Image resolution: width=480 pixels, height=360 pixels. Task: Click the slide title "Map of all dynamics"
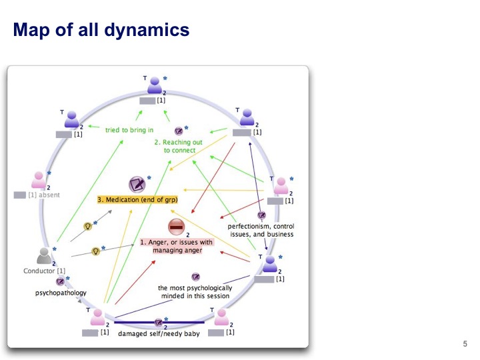pos(101,31)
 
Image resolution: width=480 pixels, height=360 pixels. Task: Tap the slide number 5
pos(465,344)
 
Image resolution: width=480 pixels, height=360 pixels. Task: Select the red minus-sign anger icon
pos(176,227)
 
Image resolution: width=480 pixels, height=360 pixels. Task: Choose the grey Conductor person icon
pos(45,256)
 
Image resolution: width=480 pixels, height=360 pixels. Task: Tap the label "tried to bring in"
pos(130,130)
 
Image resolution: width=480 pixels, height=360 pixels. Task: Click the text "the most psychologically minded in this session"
pos(194,292)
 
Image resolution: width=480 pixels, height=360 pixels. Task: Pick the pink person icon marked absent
pos(39,180)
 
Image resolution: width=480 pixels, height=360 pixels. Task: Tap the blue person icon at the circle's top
pos(155,85)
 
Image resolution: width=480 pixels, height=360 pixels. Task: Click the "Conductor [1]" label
pos(44,271)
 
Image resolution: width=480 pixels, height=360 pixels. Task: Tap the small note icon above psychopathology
pos(60,281)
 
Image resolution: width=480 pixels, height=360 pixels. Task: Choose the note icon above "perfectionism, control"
pos(261,215)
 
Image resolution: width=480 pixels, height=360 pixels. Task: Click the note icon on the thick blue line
pos(159,322)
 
